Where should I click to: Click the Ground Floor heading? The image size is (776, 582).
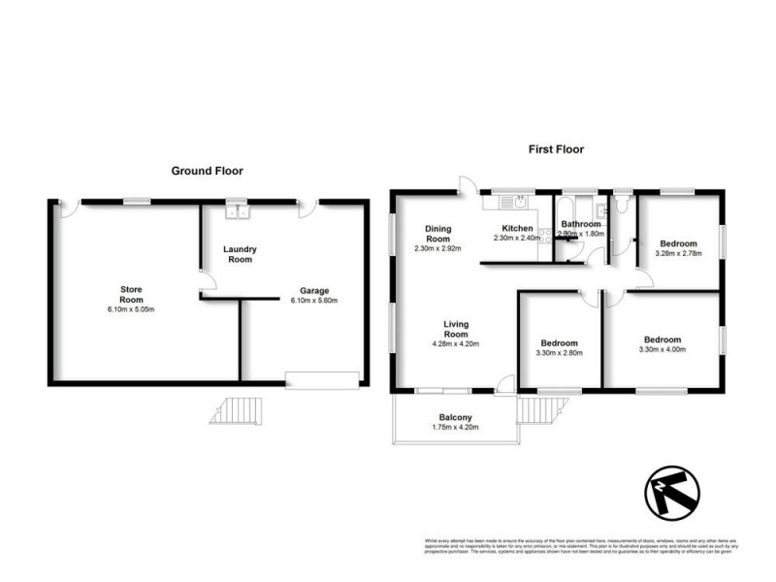207,171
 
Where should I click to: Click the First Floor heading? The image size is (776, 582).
556,149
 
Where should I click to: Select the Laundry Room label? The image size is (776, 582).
239,254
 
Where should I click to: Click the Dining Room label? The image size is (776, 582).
438,234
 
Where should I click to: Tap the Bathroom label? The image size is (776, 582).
581,224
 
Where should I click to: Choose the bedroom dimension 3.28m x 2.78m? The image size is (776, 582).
678,253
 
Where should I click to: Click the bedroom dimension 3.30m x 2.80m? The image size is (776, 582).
559,353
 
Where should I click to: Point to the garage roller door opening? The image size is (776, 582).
321,379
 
